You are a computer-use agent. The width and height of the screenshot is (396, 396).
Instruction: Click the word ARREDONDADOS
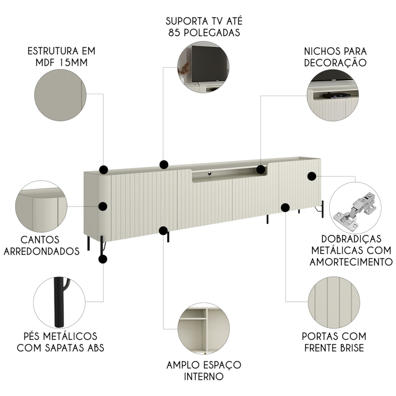[42, 251]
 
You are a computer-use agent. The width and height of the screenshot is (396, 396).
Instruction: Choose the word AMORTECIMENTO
[351, 262]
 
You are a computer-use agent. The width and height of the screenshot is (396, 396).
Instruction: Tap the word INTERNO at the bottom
[204, 377]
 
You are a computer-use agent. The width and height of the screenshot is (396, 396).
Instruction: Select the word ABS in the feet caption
[95, 348]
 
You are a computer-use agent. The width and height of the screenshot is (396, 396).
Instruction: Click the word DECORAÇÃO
[335, 63]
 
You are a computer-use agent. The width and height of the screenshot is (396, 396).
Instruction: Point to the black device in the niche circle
[336, 95]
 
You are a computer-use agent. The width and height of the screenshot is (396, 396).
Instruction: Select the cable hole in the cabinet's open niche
[209, 173]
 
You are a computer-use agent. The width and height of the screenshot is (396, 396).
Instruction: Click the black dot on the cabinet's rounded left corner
[103, 206]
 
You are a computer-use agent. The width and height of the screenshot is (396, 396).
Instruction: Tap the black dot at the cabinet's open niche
[261, 169]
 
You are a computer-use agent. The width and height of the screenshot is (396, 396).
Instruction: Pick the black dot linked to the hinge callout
[312, 176]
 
